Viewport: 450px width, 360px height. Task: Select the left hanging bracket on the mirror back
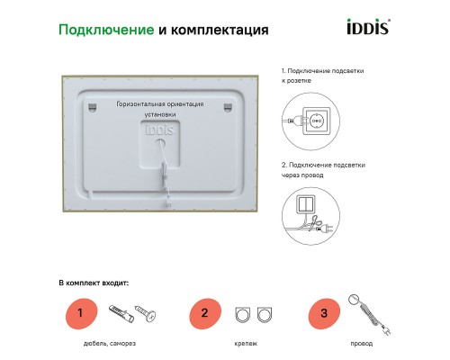coord(93,108)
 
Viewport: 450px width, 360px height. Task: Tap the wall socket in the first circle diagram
coord(317,119)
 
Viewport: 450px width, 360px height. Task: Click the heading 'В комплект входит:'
coord(94,283)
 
